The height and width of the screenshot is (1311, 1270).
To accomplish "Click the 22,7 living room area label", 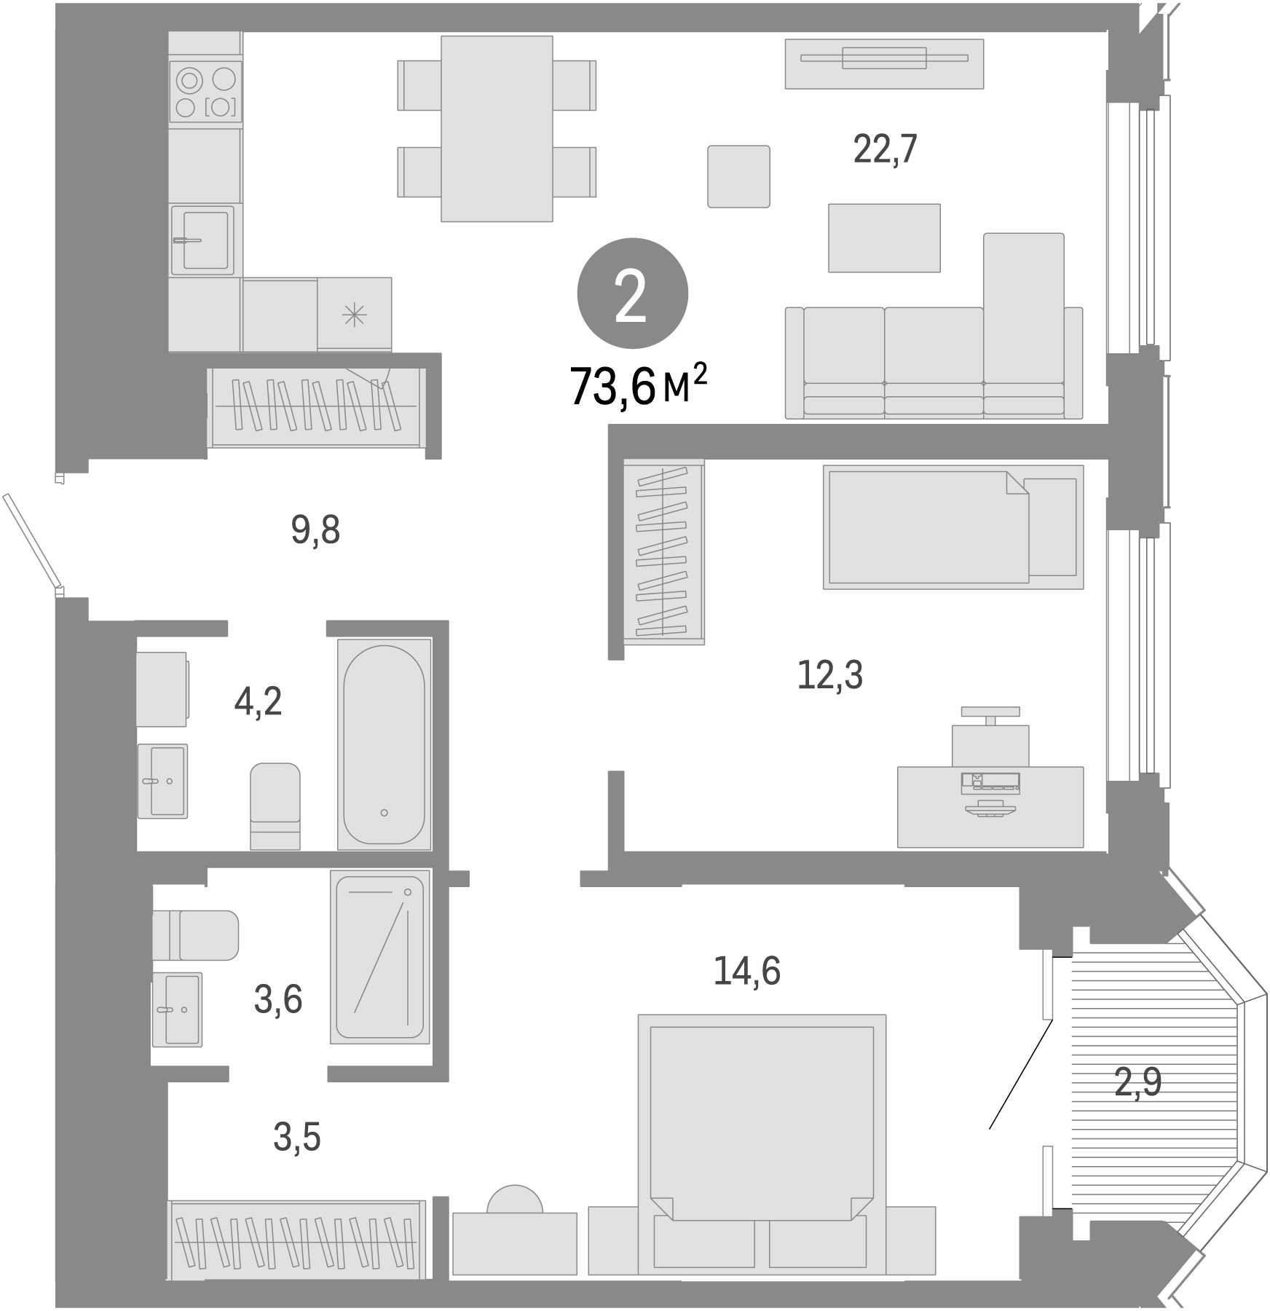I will tap(884, 149).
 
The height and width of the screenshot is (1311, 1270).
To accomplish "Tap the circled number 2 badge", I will tap(632, 294).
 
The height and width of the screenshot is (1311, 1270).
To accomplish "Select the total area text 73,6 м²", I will tap(638, 386).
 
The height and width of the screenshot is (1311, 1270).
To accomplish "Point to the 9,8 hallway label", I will tap(315, 530).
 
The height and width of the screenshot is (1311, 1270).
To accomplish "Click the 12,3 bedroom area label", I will tap(829, 675).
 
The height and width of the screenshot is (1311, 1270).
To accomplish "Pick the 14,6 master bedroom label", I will tap(746, 971).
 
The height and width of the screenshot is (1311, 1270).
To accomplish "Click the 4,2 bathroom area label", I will tap(258, 701).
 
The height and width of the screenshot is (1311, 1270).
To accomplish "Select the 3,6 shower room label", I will tap(277, 999).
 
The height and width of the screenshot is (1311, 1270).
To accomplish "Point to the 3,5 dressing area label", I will tap(296, 1137).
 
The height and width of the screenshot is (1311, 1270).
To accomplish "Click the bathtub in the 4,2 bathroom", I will tap(384, 744).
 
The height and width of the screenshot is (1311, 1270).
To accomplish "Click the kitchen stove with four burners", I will tap(205, 92).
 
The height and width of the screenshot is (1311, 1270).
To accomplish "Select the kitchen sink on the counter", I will tap(203, 240).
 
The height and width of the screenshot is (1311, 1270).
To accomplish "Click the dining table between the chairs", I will tap(496, 128).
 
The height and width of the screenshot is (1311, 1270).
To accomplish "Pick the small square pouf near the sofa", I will tap(738, 176).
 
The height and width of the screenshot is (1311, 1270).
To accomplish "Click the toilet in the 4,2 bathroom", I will tap(275, 805).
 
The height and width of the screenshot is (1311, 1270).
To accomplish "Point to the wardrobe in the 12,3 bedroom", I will tap(663, 551).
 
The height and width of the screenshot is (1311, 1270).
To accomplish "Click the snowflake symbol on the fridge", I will tap(355, 315).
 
